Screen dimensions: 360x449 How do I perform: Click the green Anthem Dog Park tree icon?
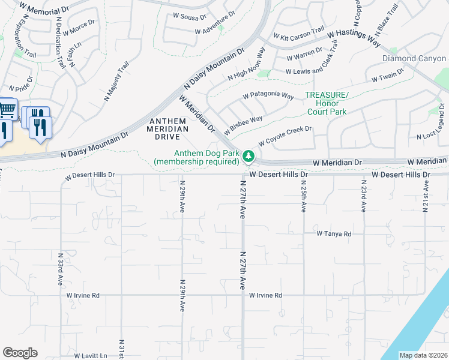coord(248,157)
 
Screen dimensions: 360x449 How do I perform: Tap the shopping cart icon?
coord(7,110)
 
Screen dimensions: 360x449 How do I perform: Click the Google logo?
coord(20,353)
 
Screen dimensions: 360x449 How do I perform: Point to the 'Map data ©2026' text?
coord(423,355)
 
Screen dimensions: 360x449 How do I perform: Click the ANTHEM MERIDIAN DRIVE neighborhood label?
coord(169,128)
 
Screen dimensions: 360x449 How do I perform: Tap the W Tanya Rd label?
coord(334,233)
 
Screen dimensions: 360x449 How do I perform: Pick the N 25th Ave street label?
coord(304,196)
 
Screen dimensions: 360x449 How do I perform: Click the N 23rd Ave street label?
coord(364,196)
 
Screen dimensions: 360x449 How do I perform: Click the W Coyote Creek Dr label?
coord(285,136)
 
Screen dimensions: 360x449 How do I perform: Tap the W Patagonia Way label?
coord(268,96)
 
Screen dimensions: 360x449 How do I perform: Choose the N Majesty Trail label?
coord(116,82)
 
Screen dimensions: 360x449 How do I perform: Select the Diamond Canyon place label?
coord(414,58)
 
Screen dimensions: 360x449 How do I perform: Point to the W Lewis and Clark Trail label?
coord(317,70)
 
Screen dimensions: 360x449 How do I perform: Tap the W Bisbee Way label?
coord(243,125)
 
